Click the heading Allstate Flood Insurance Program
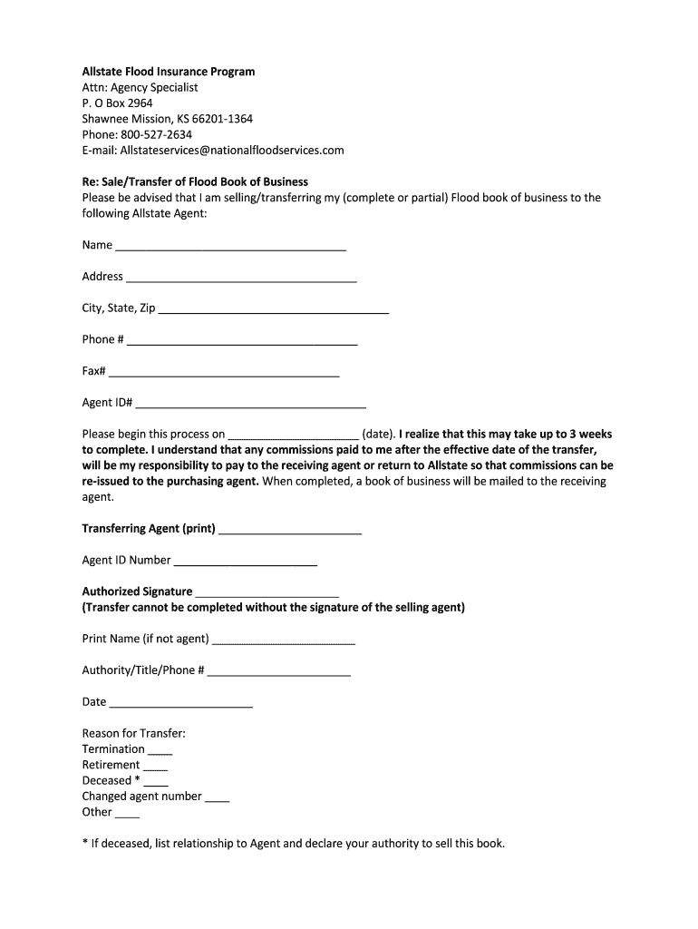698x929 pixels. (x=169, y=72)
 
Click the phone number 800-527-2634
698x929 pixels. (x=156, y=134)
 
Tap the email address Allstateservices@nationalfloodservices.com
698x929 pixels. (x=232, y=150)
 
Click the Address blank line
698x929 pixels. (x=241, y=279)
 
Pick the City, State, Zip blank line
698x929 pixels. (x=273, y=311)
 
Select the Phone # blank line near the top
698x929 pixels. (x=242, y=343)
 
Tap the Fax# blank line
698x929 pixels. (x=224, y=375)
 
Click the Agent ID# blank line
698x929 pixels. (x=251, y=406)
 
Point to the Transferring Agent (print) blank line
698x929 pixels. (x=290, y=531)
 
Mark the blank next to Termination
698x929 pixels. (x=160, y=752)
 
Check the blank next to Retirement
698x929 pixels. (x=155, y=768)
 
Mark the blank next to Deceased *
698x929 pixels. (x=155, y=783)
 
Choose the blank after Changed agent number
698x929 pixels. (x=217, y=799)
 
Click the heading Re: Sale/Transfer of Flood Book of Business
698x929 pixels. (x=195, y=181)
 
